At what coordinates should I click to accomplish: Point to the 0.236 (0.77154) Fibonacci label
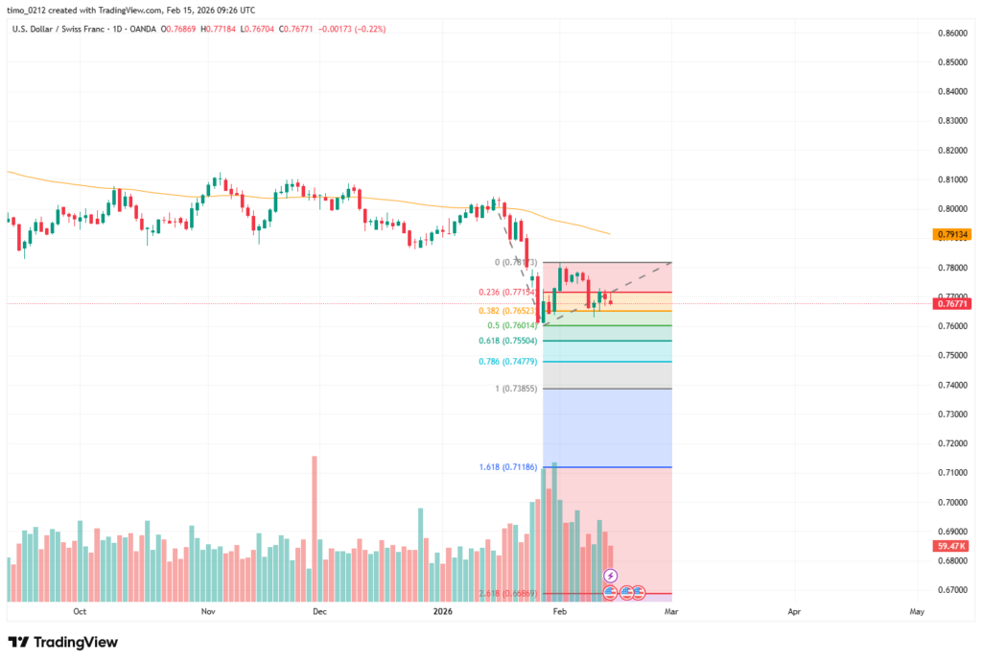click(508, 292)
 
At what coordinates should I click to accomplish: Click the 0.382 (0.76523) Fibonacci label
click(508, 311)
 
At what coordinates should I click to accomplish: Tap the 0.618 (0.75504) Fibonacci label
click(508, 341)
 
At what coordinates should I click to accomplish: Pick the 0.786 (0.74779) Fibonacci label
click(508, 362)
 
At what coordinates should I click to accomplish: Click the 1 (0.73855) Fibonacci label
click(514, 389)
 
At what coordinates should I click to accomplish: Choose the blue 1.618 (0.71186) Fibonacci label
click(508, 467)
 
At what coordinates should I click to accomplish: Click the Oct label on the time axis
click(80, 611)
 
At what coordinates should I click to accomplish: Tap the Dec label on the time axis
click(319, 611)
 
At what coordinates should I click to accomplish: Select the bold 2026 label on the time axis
click(442, 611)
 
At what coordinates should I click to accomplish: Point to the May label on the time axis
click(917, 611)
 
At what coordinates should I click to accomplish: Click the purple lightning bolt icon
click(611, 576)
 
